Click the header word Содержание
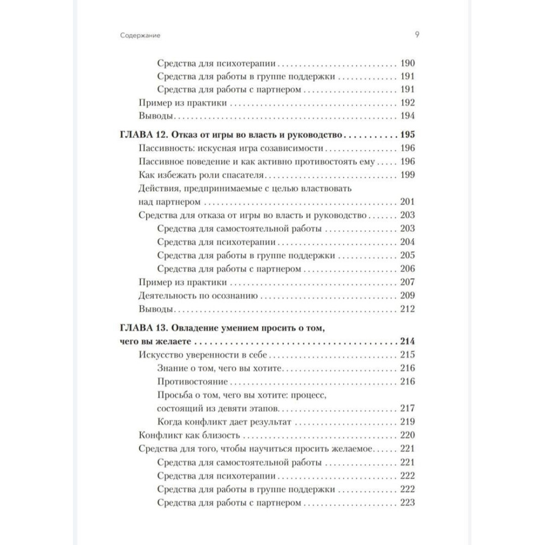(143, 35)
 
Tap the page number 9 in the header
(416, 35)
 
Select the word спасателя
(242, 174)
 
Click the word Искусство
(159, 355)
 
